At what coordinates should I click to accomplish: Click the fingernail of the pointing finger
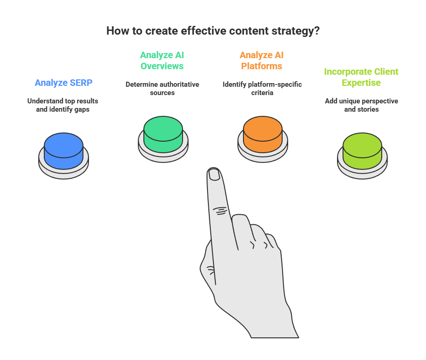(214, 174)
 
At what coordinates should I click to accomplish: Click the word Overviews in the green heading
(162, 66)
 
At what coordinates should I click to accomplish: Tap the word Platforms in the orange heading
(261, 66)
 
